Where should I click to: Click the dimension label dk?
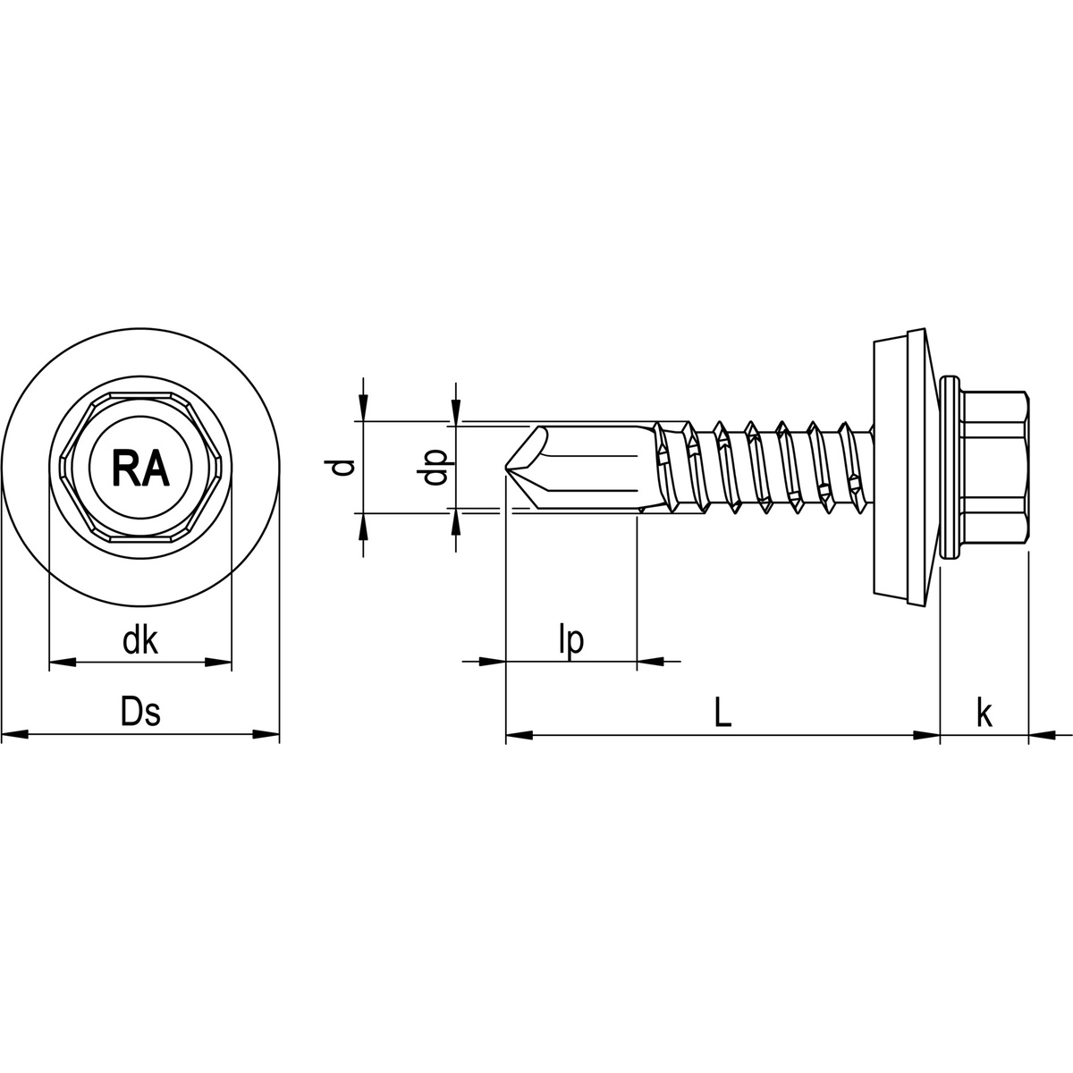(140, 640)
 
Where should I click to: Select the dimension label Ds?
(140, 713)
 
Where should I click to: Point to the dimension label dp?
(435, 467)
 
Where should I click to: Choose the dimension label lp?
(570, 640)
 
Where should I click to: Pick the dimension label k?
(984, 713)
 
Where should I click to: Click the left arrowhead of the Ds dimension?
(14, 735)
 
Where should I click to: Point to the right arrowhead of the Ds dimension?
(266, 735)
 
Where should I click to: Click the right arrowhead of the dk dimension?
(219, 663)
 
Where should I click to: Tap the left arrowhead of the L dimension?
(519, 736)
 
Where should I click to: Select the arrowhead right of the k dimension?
(1041, 736)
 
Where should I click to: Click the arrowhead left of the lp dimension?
(493, 663)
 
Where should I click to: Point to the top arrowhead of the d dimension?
(362, 410)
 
